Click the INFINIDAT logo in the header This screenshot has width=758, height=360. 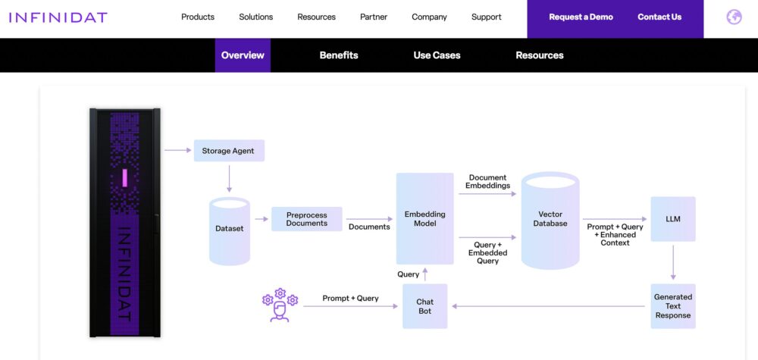click(58, 17)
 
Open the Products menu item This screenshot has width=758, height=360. click(198, 17)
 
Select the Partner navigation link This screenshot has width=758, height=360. click(374, 17)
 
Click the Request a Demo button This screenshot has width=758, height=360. click(581, 17)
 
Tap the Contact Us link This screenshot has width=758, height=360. click(659, 17)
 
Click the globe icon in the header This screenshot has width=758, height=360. click(734, 17)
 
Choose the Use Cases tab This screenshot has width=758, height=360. click(437, 55)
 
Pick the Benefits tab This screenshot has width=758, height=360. click(339, 55)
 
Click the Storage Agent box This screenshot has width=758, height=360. click(228, 151)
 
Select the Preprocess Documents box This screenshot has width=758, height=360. click(307, 219)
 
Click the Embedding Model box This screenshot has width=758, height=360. click(425, 219)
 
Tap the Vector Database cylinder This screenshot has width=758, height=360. click(550, 220)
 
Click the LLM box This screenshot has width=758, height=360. click(673, 219)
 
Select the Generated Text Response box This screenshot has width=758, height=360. click(673, 306)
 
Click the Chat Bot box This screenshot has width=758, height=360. click(425, 306)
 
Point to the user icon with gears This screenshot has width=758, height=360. click(280, 305)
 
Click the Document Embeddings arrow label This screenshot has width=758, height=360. click(487, 182)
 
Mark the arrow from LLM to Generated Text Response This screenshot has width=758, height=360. click(673, 262)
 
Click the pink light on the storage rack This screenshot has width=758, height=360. click(125, 177)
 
